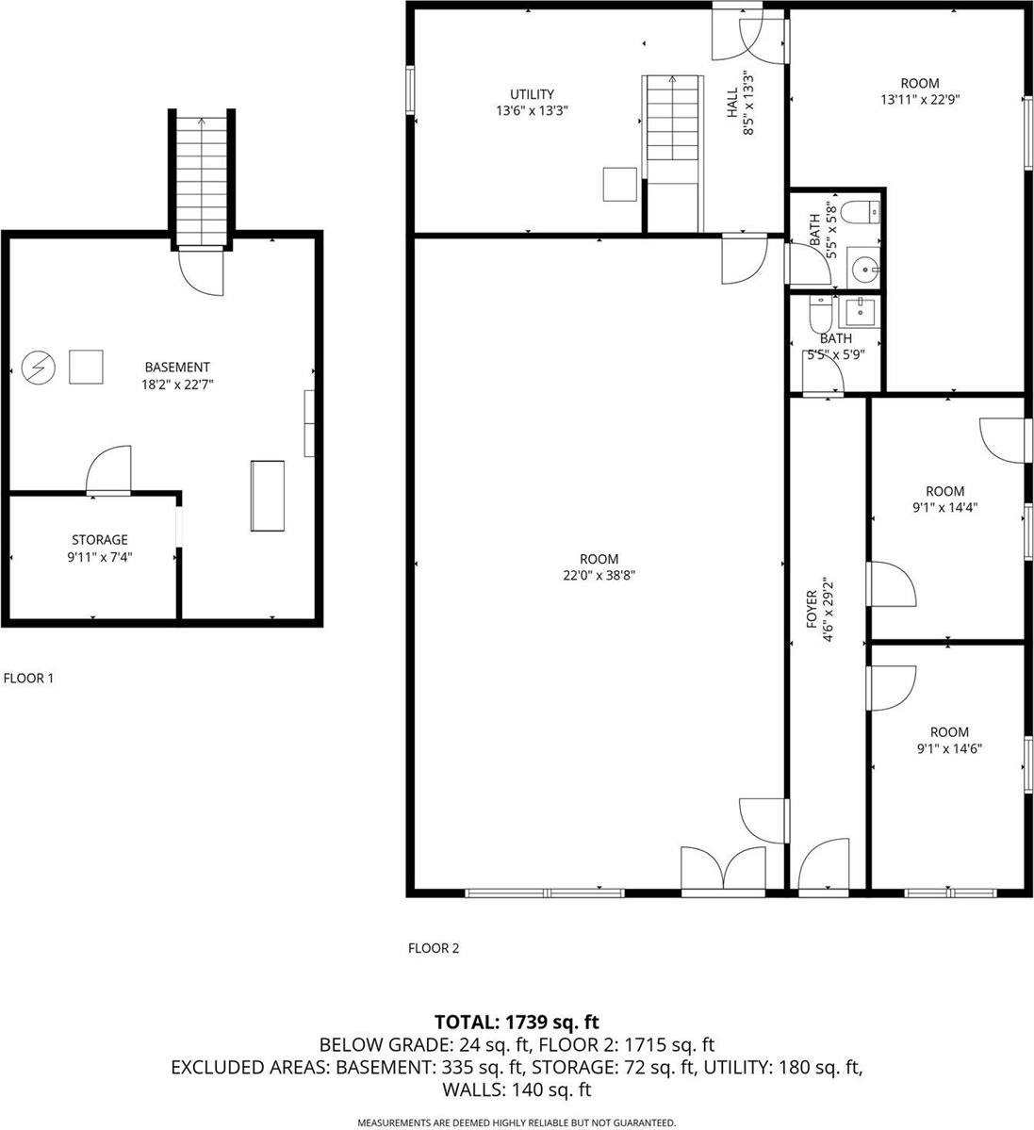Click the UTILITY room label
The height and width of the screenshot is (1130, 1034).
pyautogui.click(x=532, y=94)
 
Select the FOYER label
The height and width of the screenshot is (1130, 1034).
pyautogui.click(x=810, y=611)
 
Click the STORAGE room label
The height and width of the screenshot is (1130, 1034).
pyautogui.click(x=100, y=540)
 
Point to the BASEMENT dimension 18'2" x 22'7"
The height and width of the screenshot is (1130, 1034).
pyautogui.click(x=177, y=384)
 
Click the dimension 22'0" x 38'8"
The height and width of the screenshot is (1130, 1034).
pyautogui.click(x=599, y=576)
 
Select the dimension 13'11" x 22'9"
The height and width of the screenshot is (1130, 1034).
pyautogui.click(x=919, y=100)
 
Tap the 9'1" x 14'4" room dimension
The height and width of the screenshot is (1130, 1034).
pyautogui.click(x=944, y=508)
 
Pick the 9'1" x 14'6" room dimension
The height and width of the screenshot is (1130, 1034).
pyautogui.click(x=948, y=749)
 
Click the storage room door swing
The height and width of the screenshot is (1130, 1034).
pyautogui.click(x=107, y=470)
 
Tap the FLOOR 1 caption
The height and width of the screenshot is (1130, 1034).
pyautogui.click(x=29, y=678)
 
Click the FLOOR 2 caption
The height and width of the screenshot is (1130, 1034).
pyautogui.click(x=433, y=948)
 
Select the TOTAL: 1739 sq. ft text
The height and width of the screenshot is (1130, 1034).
pyautogui.click(x=517, y=1022)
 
